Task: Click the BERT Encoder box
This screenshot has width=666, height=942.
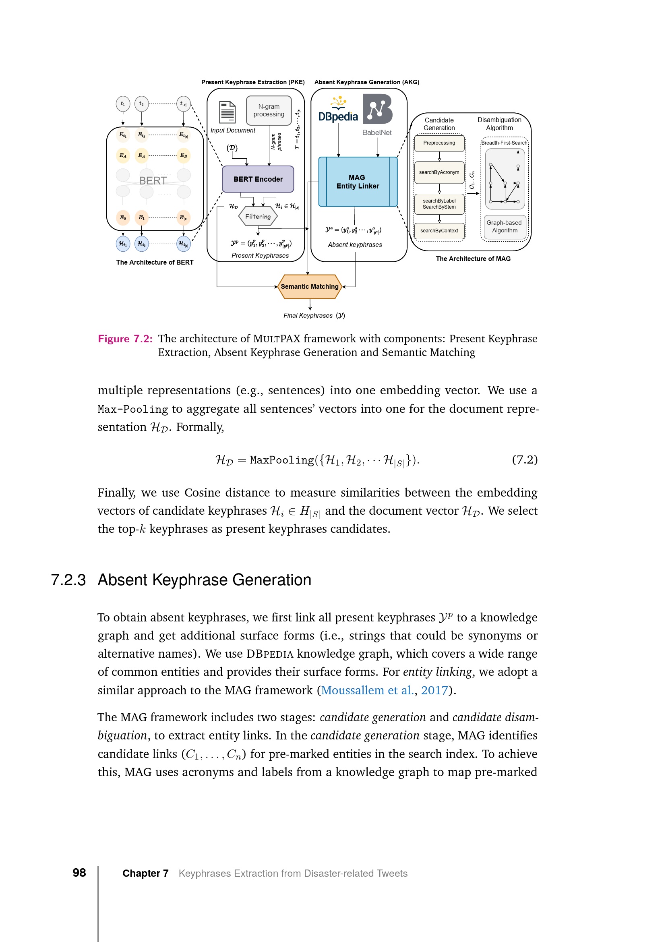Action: [258, 179]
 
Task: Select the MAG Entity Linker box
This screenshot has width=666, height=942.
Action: [358, 182]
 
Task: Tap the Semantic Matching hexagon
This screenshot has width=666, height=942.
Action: [310, 286]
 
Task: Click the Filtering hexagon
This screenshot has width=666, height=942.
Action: [258, 217]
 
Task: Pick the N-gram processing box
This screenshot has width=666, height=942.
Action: [269, 110]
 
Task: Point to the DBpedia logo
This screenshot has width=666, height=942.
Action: [338, 111]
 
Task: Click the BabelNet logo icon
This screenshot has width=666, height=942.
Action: [377, 109]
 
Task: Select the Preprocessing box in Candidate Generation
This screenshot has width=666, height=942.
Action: [439, 143]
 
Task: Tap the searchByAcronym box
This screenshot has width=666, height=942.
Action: [439, 172]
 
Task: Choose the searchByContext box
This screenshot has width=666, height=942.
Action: [439, 231]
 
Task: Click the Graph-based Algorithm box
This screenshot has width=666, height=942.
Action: [505, 226]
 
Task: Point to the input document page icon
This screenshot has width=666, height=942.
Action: [227, 112]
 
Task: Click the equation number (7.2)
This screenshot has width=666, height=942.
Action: [525, 460]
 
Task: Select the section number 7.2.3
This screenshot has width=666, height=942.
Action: [68, 580]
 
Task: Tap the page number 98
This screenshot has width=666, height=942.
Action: [79, 873]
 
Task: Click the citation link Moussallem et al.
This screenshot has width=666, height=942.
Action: [367, 690]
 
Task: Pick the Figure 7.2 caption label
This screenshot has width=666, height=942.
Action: [125, 339]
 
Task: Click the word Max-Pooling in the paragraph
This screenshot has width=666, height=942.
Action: [132, 409]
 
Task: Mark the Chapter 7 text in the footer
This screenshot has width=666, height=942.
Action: [145, 874]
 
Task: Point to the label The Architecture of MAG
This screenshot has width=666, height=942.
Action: [473, 259]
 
